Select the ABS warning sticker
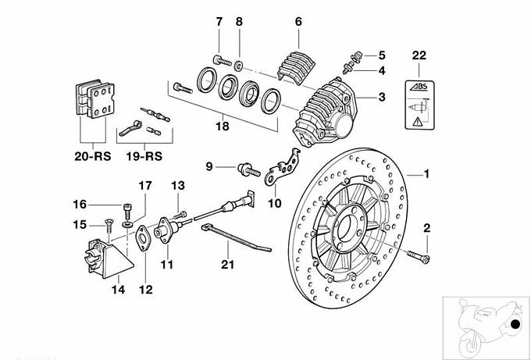[x=419, y=105]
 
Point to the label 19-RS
[x=144, y=155]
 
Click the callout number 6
[x=298, y=22]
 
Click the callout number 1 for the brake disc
[x=426, y=173]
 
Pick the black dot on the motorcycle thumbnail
[x=515, y=325]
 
